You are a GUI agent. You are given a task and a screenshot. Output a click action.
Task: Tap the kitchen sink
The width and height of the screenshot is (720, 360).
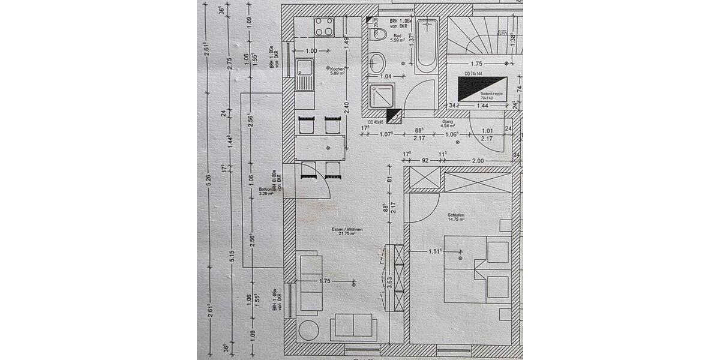click(305, 75)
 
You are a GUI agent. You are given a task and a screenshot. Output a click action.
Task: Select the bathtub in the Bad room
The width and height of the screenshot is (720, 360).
click(427, 44)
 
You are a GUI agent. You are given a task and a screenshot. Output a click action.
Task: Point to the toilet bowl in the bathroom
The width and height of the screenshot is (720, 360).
click(376, 62)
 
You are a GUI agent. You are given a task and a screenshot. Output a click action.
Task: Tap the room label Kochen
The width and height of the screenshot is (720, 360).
click(337, 70)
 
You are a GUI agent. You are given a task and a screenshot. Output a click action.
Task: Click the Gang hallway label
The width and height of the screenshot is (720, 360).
click(448, 123)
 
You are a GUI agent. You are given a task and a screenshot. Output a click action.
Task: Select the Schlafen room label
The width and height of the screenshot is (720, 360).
click(457, 217)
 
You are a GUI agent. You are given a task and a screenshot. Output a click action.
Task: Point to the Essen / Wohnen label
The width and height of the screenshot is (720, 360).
click(347, 232)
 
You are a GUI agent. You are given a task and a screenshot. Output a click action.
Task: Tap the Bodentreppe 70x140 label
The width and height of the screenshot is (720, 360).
click(493, 95)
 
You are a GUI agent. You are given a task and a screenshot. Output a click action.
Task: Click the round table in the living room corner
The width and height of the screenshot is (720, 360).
click(310, 331)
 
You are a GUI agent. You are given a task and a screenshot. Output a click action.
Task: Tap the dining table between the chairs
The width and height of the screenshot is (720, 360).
click(320, 148)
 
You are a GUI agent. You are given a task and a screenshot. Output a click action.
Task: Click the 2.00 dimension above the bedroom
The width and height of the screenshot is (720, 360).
click(478, 161)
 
